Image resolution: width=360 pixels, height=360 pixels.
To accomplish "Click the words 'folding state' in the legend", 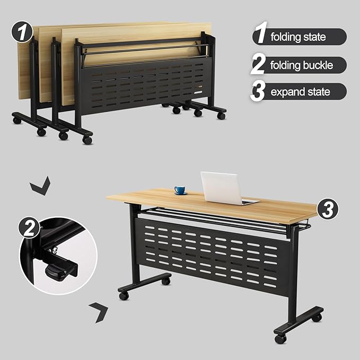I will pyautogui.click(x=298, y=37).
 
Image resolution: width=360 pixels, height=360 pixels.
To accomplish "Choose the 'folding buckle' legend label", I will pyautogui.click(x=302, y=65).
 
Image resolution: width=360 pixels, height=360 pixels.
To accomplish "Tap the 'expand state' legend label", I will pyautogui.click(x=300, y=92).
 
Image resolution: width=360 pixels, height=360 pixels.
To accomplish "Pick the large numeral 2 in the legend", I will pyautogui.click(x=258, y=65).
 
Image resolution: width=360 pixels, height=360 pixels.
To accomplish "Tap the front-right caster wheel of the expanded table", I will pyautogui.click(x=280, y=338).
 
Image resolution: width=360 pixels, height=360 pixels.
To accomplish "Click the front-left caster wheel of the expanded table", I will pyautogui.click(x=124, y=295).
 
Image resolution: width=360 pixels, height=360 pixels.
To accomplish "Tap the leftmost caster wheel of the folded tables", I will pyautogui.click(x=17, y=120).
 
